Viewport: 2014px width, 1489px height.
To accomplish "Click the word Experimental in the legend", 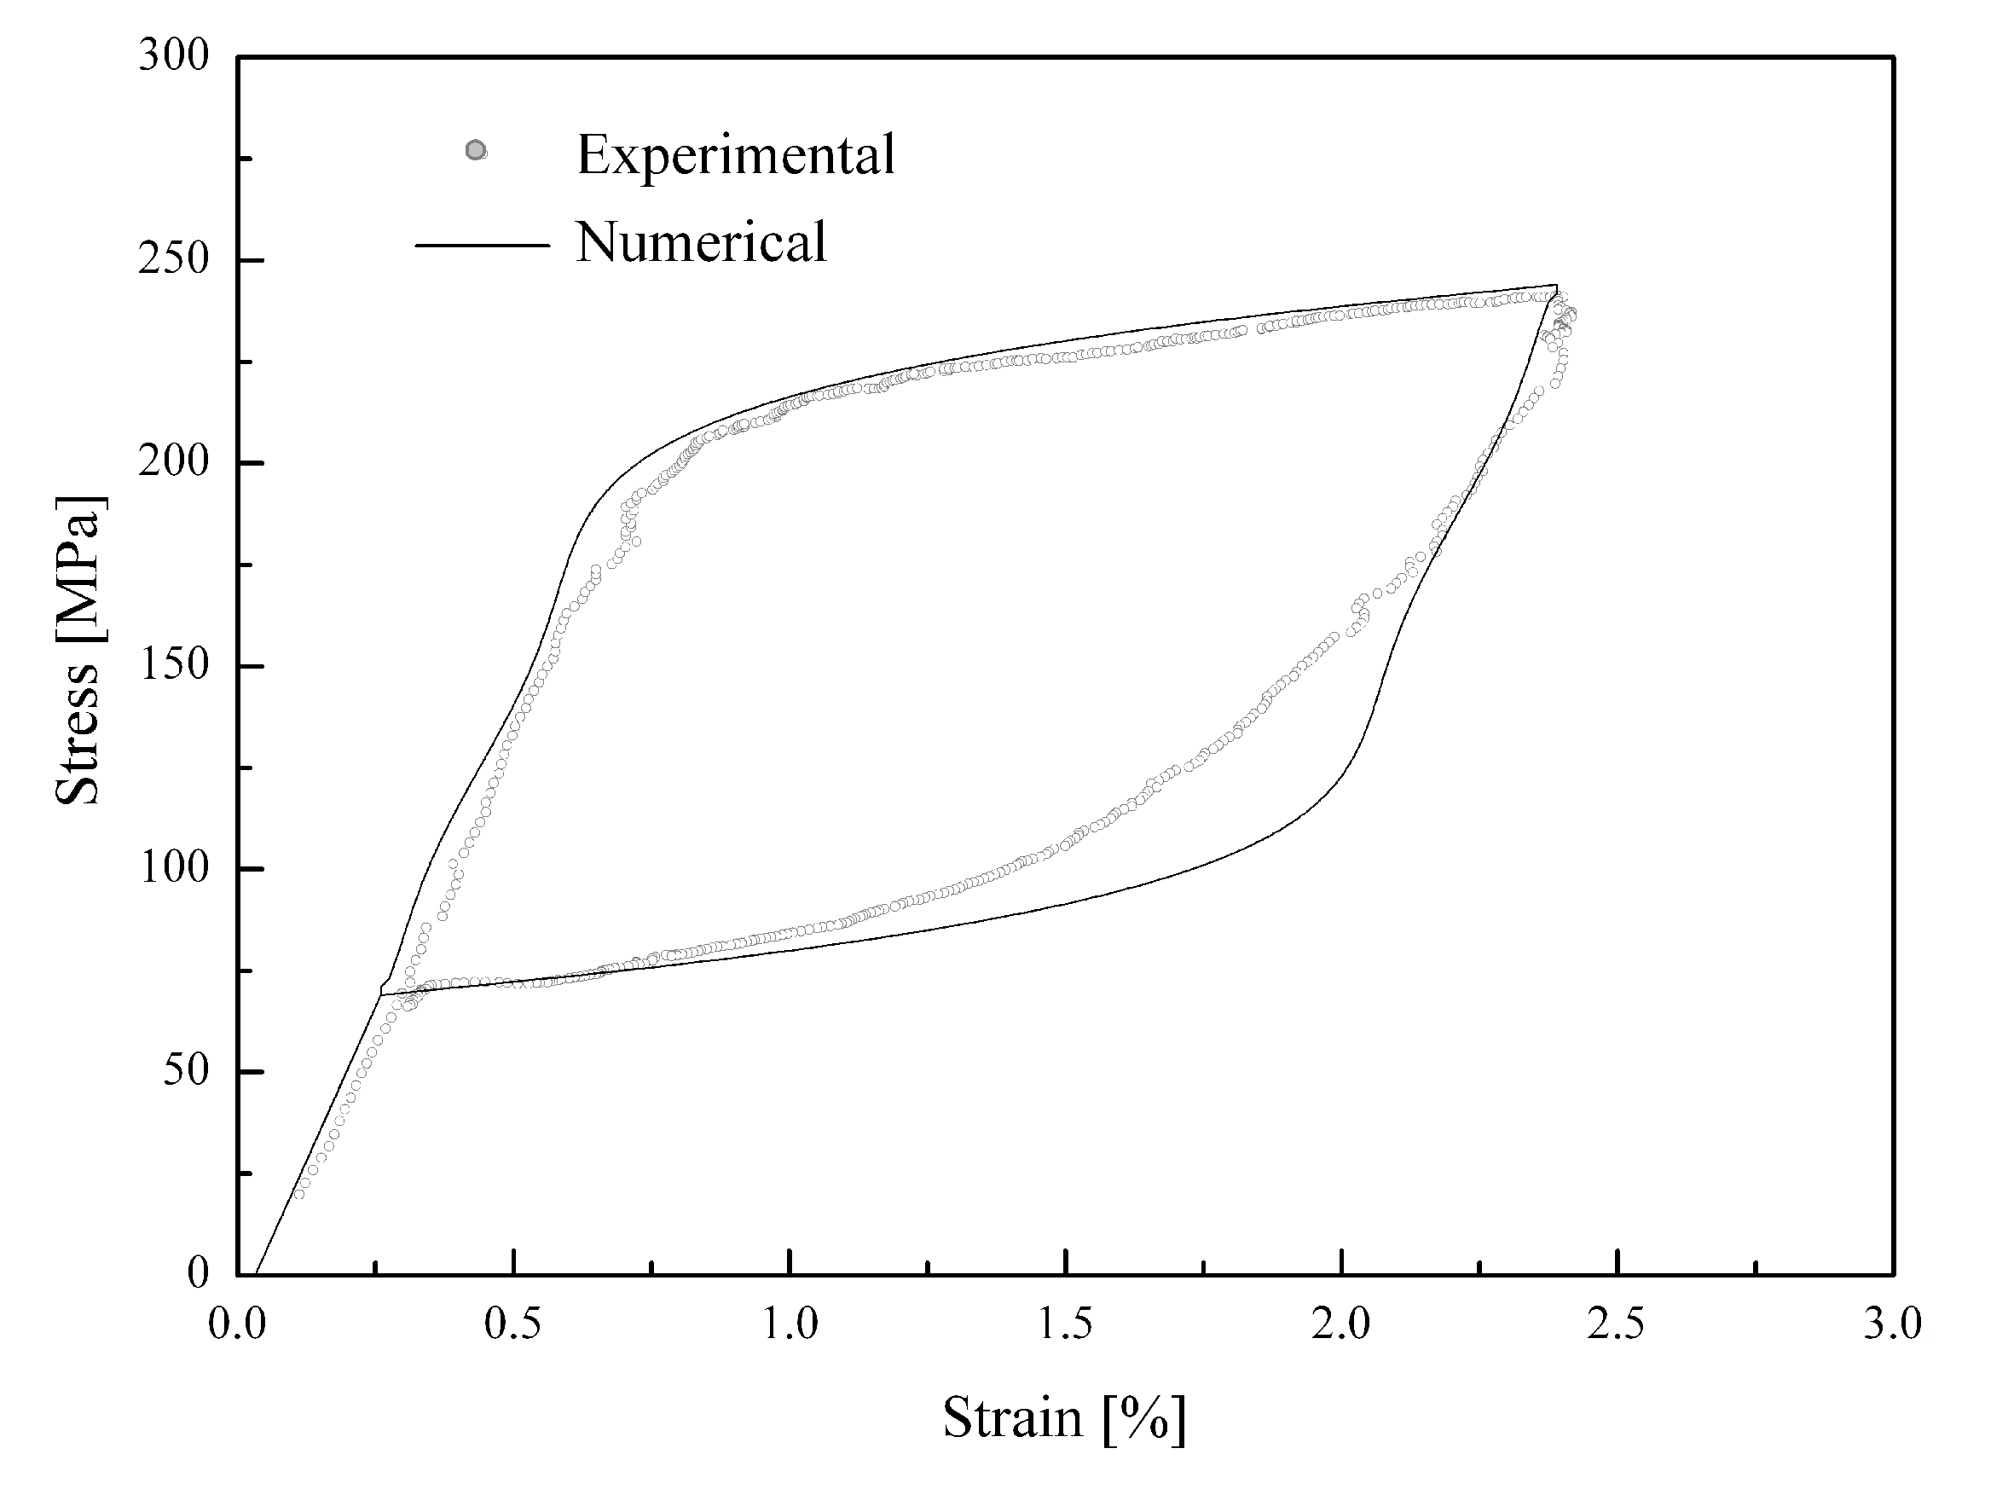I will click(x=735, y=155).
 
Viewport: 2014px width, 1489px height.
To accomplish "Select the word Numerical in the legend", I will click(x=701, y=242).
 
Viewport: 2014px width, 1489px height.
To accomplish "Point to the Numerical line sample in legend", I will click(x=482, y=245).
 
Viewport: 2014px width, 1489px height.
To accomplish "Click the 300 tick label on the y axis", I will click(x=173, y=57).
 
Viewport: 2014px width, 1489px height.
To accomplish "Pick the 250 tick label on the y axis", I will click(x=173, y=259).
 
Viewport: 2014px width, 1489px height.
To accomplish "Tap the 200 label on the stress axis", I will click(x=173, y=462).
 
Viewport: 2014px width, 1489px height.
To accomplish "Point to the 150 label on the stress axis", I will click(x=173, y=665).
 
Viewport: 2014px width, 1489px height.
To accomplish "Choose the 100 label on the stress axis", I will click(x=173, y=869).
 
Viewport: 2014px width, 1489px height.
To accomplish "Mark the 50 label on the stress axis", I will click(x=185, y=1072).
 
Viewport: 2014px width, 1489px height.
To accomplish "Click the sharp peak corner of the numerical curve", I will click(x=1556, y=286).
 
